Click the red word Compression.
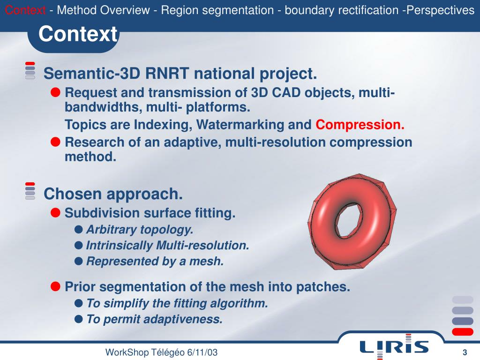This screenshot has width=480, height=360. pyautogui.click(x=360, y=125)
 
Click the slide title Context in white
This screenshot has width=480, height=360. pyautogui.click(x=78, y=34)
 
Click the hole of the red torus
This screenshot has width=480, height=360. pyautogui.click(x=347, y=218)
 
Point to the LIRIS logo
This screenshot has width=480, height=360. pyautogui.click(x=394, y=346)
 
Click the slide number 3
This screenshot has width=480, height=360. pyautogui.click(x=465, y=352)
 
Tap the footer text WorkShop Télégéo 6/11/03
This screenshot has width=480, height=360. pyautogui.click(x=161, y=352)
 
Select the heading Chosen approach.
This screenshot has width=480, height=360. pyautogui.click(x=112, y=194)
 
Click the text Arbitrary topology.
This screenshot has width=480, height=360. pyautogui.click(x=140, y=230)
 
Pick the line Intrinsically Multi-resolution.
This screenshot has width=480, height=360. pyautogui.click(x=167, y=246)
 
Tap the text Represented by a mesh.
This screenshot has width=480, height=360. pyautogui.click(x=155, y=262)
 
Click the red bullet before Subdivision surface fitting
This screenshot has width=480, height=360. pyautogui.click(x=55, y=213)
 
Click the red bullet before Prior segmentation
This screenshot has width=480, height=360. pyautogui.click(x=55, y=286)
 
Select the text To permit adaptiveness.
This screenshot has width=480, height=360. pyautogui.click(x=154, y=320)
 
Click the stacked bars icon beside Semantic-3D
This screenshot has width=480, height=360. pyautogui.click(x=30, y=70)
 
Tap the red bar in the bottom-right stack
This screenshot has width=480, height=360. pyautogui.click(x=462, y=332)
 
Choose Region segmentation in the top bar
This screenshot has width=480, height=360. pyautogui.click(x=217, y=10)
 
